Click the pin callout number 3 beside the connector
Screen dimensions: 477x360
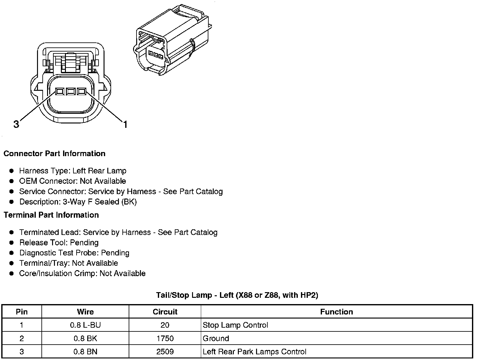tap(16, 124)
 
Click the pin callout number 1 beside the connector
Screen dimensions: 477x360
tap(125, 125)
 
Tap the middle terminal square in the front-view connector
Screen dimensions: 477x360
tap(71, 91)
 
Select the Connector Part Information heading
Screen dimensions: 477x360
tap(54, 154)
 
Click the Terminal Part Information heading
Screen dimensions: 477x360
tap(51, 215)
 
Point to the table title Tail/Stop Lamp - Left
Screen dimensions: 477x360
tap(237, 295)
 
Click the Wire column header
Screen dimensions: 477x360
tap(85, 312)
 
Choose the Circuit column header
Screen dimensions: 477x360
tap(165, 312)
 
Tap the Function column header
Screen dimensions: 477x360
tap(336, 312)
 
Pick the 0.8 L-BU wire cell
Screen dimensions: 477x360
tap(85, 325)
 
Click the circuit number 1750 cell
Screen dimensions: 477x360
tap(165, 338)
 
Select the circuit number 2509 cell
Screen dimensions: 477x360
tap(165, 352)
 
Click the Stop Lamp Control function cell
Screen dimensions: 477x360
tap(235, 325)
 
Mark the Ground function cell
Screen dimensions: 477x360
tap(216, 338)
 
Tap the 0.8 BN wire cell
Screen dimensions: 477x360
tap(85, 352)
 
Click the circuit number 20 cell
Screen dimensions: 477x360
tap(165, 325)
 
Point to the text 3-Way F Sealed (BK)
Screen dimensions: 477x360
tap(100, 202)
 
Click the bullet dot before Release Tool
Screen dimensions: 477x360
tap(12, 243)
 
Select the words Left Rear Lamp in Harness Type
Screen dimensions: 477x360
tap(99, 171)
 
